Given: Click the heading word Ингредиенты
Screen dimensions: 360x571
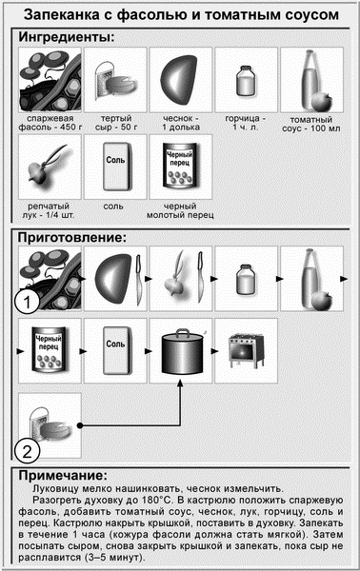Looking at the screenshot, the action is (x=67, y=37).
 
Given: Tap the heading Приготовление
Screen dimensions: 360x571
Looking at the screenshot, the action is (x=72, y=237).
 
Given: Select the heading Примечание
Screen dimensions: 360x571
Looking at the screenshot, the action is (x=63, y=476).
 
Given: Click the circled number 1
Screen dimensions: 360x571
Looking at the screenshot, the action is (x=28, y=302).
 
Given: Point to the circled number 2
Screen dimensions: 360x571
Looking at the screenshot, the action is (x=28, y=451).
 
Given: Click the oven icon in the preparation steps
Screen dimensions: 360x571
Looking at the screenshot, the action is (x=246, y=350).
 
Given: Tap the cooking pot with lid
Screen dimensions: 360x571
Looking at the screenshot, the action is (x=182, y=351).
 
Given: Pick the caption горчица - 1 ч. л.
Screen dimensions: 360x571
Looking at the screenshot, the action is (x=246, y=123).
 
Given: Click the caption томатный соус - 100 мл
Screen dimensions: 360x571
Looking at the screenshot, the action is (x=311, y=124).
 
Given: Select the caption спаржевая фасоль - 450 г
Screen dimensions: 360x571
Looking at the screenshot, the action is (x=50, y=123).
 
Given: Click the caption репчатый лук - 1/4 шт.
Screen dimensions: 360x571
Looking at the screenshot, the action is (x=49, y=210).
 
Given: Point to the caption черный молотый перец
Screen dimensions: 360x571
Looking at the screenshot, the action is (x=180, y=210).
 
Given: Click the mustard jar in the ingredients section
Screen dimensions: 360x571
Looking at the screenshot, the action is (x=246, y=81).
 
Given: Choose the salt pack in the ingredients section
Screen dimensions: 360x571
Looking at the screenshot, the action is (x=115, y=167).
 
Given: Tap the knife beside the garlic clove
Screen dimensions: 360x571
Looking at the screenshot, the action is (x=139, y=280).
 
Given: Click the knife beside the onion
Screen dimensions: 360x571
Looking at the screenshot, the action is (x=200, y=278).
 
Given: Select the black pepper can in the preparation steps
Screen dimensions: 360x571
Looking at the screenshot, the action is (x=49, y=349).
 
